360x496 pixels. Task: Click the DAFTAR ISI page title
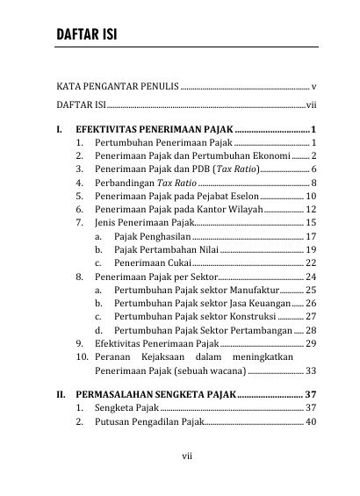pyautogui.click(x=86, y=35)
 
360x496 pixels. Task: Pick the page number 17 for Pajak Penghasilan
pyautogui.click(x=311, y=236)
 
